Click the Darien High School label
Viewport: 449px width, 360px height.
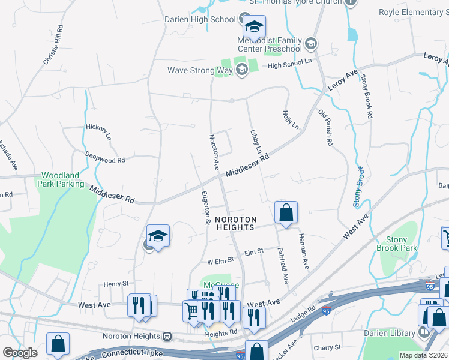200,19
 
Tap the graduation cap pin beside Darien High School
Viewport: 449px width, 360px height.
254,27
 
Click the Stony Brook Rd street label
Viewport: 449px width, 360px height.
367,98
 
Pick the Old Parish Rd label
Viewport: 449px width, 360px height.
325,128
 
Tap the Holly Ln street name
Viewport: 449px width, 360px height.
291,119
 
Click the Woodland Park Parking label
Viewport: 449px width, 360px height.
62,180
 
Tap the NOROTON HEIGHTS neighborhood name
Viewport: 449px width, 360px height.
236,223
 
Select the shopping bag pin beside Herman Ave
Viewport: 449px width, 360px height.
286,212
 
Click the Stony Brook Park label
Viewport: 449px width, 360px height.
396,243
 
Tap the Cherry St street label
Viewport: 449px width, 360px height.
327,347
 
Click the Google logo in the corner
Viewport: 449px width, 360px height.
20,353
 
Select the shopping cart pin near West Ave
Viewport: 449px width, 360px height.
192,311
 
